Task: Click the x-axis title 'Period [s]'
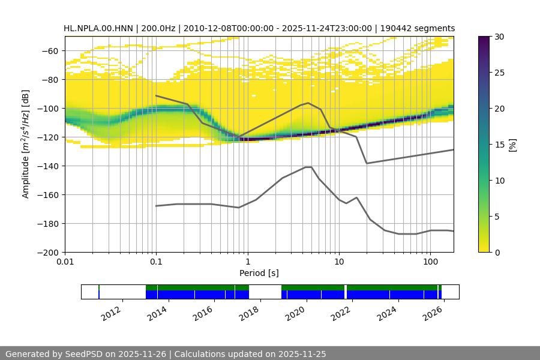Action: coord(259,273)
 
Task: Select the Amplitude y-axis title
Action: coord(26,144)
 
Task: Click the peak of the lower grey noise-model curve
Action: coord(308,167)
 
